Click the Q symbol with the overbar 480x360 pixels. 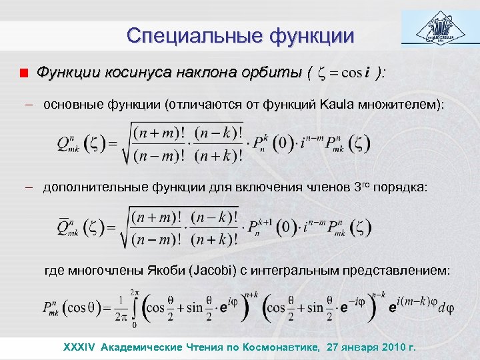coord(66,225)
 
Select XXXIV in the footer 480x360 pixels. coord(79,347)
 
